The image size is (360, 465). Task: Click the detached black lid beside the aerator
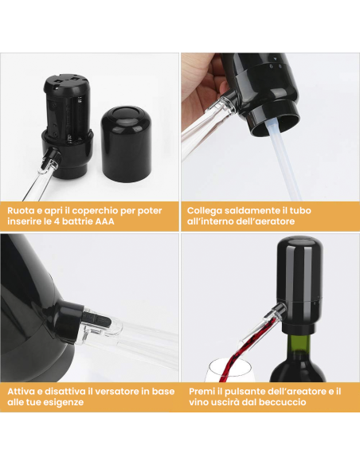point(127,144)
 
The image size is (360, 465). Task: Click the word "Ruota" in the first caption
point(20,210)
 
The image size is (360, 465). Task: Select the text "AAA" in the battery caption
point(104,221)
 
